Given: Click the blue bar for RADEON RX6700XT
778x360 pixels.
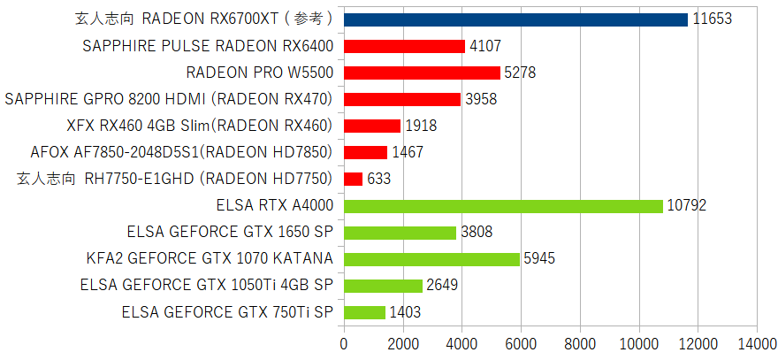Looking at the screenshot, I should pyautogui.click(x=515, y=19).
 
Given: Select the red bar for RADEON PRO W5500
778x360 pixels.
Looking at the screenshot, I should pyautogui.click(x=421, y=73).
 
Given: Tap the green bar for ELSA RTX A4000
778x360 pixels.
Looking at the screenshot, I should pyautogui.click(x=502, y=206).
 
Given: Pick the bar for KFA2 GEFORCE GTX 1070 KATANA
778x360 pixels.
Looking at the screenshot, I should pyautogui.click(x=431, y=259).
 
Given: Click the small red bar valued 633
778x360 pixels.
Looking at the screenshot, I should pyautogui.click(x=353, y=179).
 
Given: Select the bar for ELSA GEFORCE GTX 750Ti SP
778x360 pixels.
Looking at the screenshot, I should pyautogui.click(x=363, y=312).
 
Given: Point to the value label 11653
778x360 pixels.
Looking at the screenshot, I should pyautogui.click(x=713, y=19).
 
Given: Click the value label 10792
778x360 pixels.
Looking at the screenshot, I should pyautogui.click(x=687, y=206).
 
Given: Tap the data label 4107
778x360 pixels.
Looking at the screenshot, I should pyautogui.click(x=486, y=46).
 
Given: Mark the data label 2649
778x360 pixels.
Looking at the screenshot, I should pyautogui.click(x=443, y=286).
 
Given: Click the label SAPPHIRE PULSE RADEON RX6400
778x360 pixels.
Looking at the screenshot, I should pyautogui.click(x=207, y=46).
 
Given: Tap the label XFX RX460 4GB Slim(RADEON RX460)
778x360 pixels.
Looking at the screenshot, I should pyautogui.click(x=199, y=126).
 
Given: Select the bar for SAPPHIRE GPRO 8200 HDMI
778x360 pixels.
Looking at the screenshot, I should pyautogui.click(x=401, y=99).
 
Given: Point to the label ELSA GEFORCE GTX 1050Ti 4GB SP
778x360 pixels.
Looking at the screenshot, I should pyautogui.click(x=206, y=286).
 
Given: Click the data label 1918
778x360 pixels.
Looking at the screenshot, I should pyautogui.click(x=422, y=126).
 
